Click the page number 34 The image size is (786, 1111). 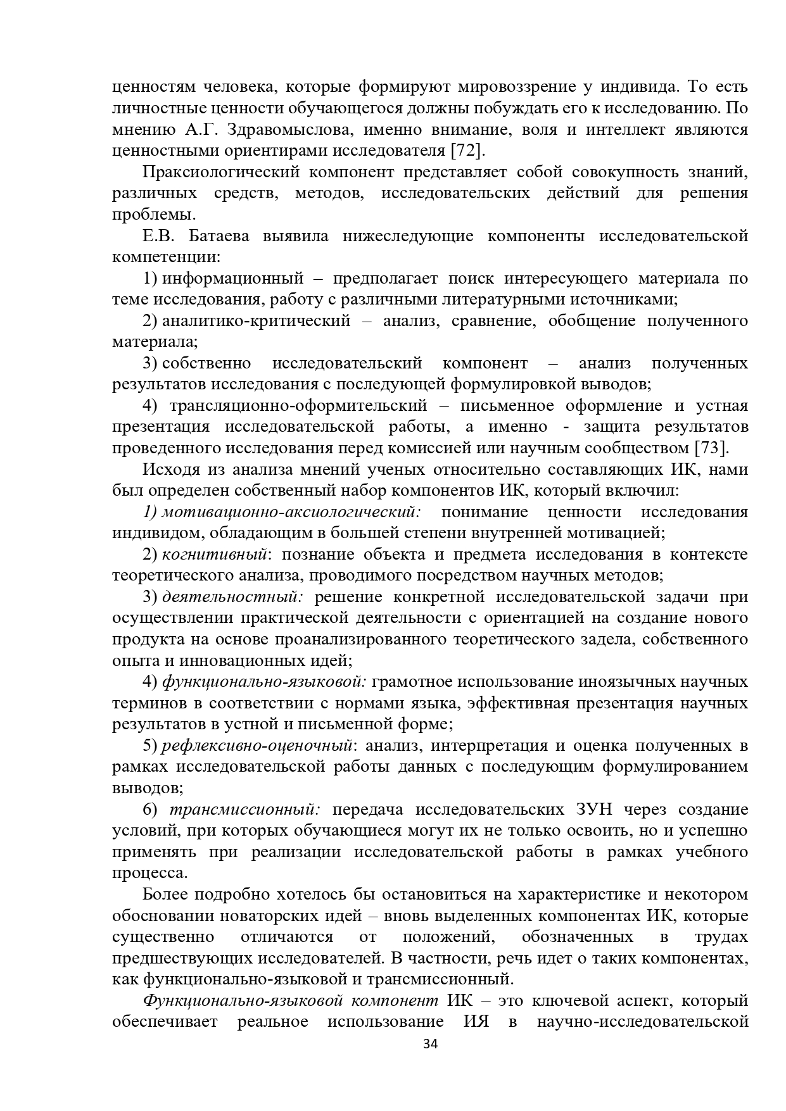430,1043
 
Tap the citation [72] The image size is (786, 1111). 467,151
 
